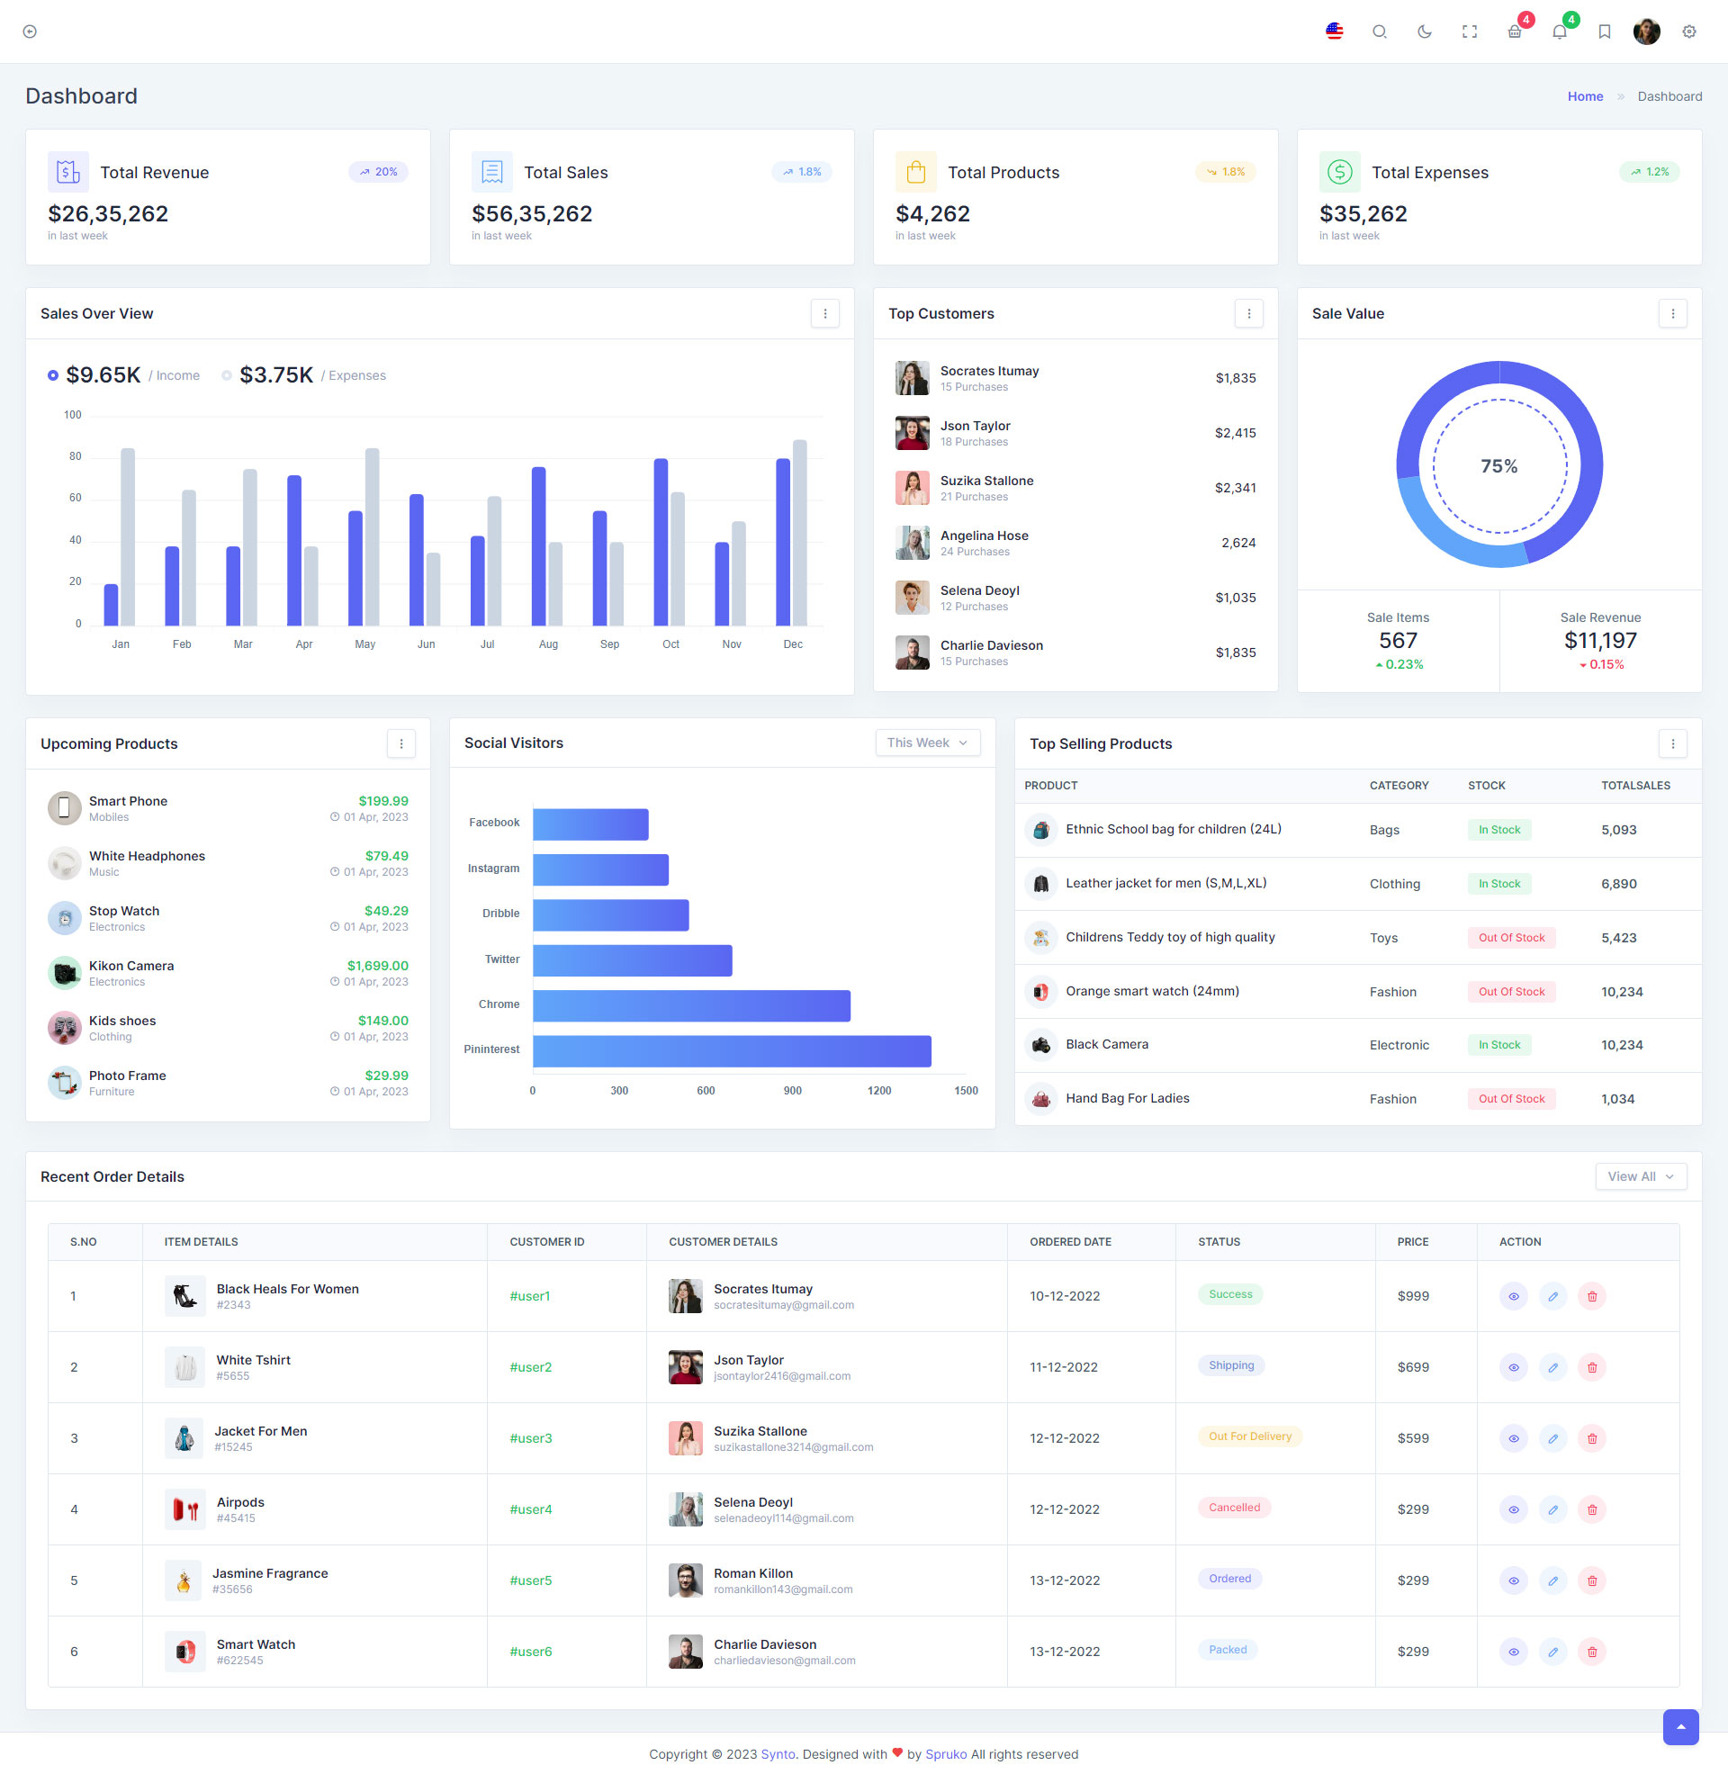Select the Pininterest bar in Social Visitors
coord(732,1050)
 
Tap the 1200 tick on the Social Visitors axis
coord(878,1091)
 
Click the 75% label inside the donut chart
coord(1498,466)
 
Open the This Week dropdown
coord(927,743)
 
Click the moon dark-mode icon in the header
coord(1424,32)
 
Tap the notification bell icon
coord(1559,32)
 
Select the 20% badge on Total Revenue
coord(379,172)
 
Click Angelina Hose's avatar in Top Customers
coord(912,543)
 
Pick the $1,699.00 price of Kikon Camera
coord(377,966)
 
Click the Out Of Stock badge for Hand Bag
coord(1511,1099)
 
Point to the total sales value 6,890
coord(1618,884)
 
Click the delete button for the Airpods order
coord(1592,1509)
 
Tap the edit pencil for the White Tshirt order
coord(1552,1367)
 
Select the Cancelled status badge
coord(1234,1508)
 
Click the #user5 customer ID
coord(530,1580)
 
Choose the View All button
coord(1640,1176)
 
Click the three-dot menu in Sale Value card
coord(1672,313)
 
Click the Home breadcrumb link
coord(1585,96)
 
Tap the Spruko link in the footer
coord(946,1754)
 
